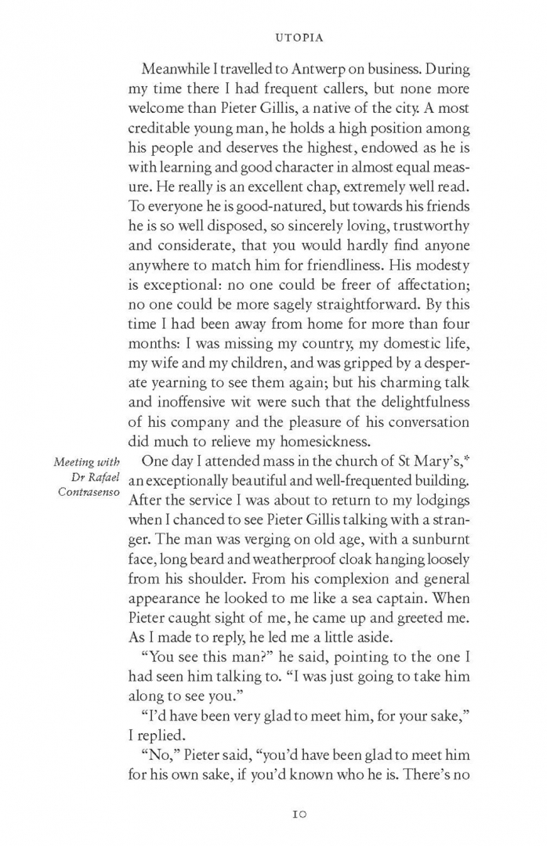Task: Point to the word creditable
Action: point(167,128)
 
